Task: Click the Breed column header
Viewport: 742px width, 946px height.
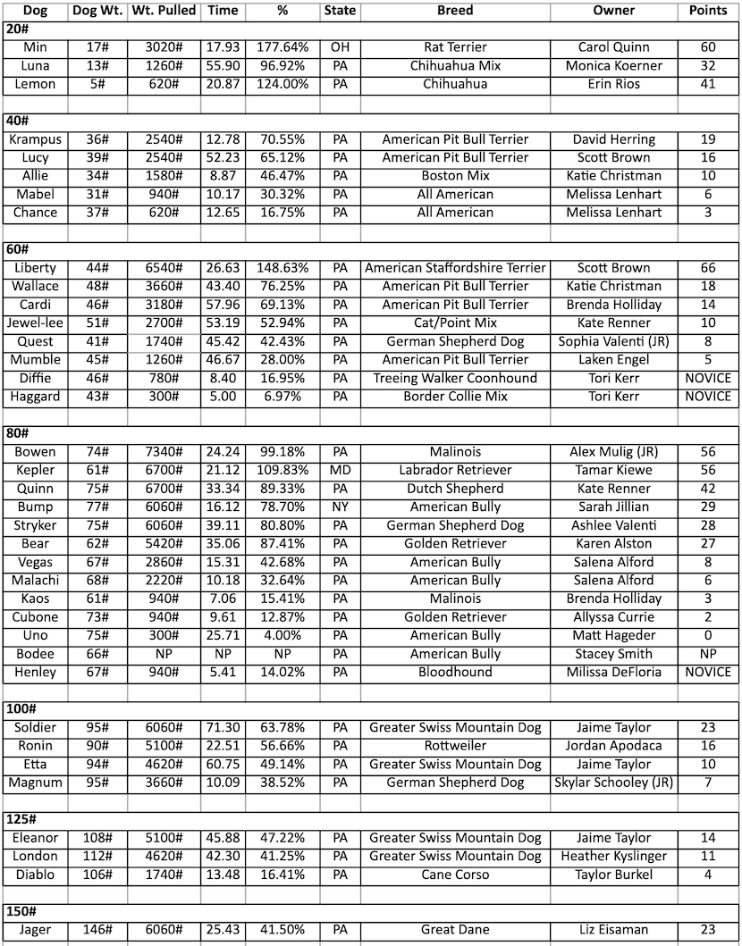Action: [455, 11]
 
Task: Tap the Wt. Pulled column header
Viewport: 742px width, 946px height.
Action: [164, 11]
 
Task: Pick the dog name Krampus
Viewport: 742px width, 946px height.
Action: [35, 139]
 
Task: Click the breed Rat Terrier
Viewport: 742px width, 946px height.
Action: [455, 47]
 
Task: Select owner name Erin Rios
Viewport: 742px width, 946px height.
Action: [613, 84]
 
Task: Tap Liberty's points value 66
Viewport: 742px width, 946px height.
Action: [708, 268]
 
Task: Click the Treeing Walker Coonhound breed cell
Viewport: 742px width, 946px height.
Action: [455, 378]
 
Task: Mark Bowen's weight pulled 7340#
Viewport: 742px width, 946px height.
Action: [164, 452]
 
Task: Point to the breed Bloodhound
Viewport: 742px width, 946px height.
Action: [455, 672]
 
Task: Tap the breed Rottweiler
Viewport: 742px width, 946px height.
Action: [455, 746]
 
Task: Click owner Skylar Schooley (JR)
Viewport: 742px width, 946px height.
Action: [613, 783]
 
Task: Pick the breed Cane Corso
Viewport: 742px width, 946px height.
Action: [455, 875]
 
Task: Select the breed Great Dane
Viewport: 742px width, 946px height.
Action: [455, 930]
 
